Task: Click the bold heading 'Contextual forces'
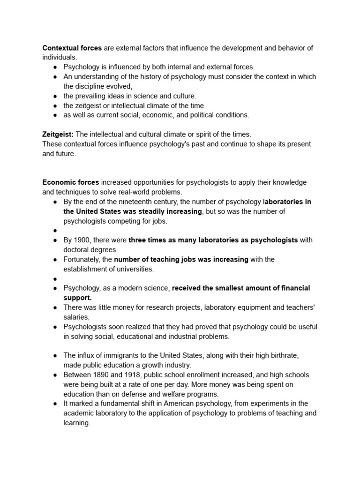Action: click(x=72, y=48)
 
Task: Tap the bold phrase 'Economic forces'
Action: click(x=71, y=182)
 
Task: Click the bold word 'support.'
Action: click(x=78, y=298)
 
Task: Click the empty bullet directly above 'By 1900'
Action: click(x=55, y=231)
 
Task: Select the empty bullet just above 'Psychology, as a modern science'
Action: click(x=55, y=278)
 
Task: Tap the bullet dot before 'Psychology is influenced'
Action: click(x=55, y=67)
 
